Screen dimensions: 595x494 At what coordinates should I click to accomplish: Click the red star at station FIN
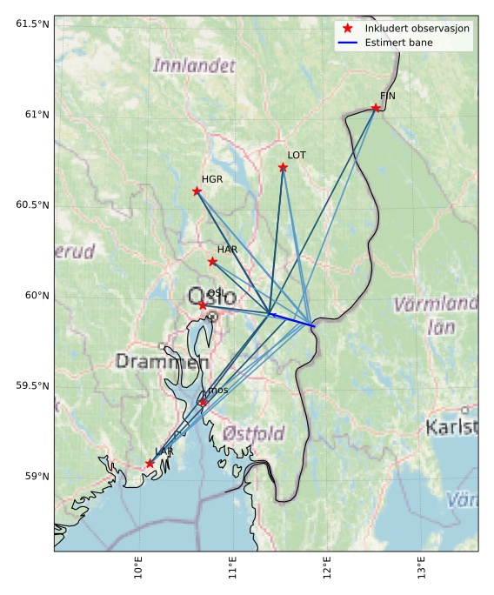(x=376, y=108)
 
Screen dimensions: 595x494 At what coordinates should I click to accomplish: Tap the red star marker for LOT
(x=284, y=167)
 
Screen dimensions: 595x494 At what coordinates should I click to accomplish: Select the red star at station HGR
(x=197, y=191)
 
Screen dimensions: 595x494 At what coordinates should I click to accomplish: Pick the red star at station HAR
(x=212, y=261)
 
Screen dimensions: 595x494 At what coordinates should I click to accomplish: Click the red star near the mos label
(x=203, y=402)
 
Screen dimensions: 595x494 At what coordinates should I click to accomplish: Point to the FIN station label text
(x=387, y=96)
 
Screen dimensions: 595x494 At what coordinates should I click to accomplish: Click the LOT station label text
(x=297, y=155)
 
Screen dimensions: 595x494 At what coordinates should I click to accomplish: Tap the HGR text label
(x=212, y=178)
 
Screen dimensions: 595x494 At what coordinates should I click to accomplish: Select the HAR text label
(x=227, y=249)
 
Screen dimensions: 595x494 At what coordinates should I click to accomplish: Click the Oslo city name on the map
(x=211, y=297)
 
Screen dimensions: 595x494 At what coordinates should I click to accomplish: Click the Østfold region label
(x=253, y=432)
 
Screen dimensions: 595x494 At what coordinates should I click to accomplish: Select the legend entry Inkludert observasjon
(x=417, y=29)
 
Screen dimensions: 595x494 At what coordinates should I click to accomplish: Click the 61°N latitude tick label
(x=32, y=114)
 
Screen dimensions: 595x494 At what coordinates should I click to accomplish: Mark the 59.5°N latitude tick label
(x=32, y=385)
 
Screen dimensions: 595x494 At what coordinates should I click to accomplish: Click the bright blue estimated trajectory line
(x=291, y=318)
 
